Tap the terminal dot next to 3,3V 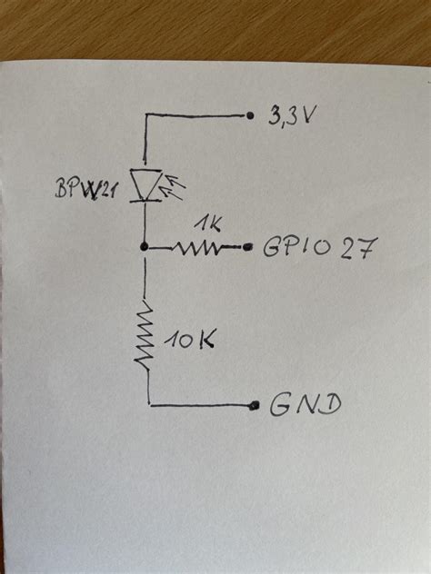(248, 115)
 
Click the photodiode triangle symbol (145, 185)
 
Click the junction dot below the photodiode (145, 246)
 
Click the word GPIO (288, 247)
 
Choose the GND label (305, 405)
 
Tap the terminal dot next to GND (250, 405)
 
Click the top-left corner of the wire (145, 116)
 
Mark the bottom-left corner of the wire (146, 404)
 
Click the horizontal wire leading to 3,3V (195, 116)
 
